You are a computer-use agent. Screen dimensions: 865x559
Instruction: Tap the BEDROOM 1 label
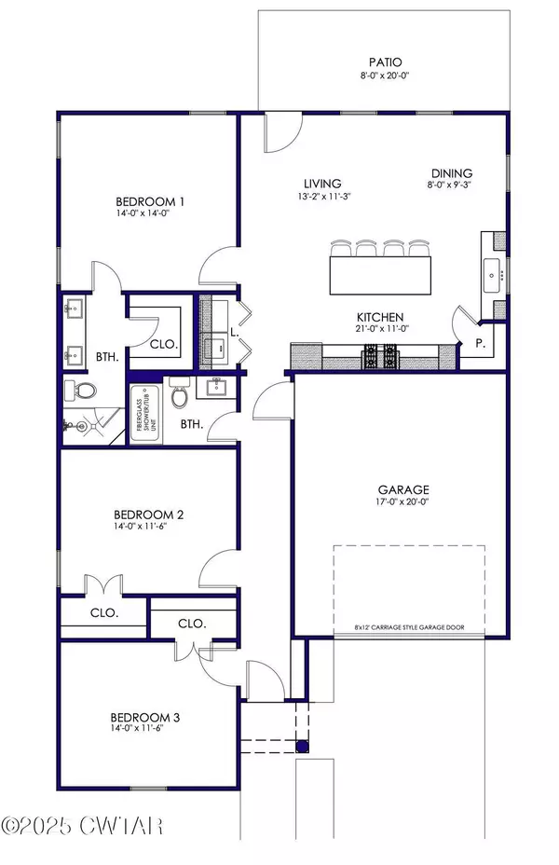[x=150, y=201]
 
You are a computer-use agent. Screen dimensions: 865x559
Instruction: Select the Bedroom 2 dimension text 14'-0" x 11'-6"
[x=147, y=528]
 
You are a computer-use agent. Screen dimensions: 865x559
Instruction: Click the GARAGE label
[x=402, y=489]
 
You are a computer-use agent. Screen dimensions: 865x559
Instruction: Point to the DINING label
[x=452, y=173]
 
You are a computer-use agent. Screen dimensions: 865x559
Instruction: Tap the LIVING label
[x=322, y=184]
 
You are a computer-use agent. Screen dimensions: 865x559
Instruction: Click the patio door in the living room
[x=279, y=132]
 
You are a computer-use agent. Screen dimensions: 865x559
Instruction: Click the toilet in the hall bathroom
[x=181, y=397]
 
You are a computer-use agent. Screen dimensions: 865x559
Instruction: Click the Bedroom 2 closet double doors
[x=102, y=586]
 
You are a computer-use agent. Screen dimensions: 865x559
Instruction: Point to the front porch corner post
[x=301, y=745]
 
